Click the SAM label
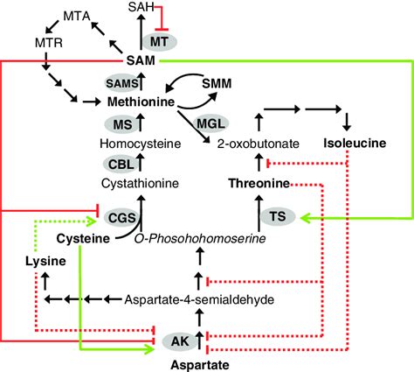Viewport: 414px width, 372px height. (141, 59)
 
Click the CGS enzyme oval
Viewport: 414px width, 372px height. (120, 214)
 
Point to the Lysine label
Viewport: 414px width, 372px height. (41, 260)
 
